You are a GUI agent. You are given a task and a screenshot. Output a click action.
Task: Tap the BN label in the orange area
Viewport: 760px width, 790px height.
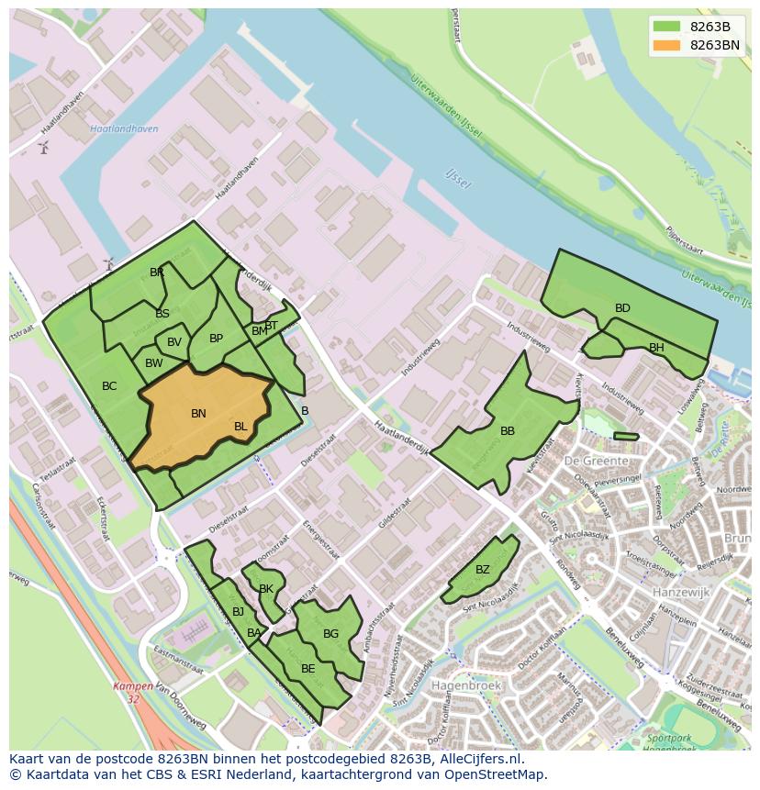tap(198, 414)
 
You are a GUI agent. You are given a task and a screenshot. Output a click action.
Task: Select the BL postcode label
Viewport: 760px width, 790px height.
tap(240, 427)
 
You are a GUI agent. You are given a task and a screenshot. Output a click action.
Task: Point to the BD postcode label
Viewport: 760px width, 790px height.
tap(622, 308)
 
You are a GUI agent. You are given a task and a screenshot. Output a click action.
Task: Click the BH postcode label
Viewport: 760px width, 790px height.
tap(656, 348)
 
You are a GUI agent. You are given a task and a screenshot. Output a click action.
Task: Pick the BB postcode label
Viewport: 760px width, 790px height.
tap(508, 431)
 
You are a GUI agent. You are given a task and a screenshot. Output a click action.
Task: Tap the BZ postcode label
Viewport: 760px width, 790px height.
tap(483, 570)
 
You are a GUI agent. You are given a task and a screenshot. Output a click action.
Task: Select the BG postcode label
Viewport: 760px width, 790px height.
tap(330, 634)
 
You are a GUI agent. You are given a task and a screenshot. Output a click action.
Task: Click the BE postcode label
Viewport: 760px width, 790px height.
tap(307, 669)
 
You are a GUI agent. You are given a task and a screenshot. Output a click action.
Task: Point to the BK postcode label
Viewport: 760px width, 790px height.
tap(266, 589)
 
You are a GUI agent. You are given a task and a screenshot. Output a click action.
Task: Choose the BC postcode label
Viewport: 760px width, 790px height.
tap(109, 386)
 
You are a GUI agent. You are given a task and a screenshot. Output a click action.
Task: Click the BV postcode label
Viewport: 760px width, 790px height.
tap(174, 342)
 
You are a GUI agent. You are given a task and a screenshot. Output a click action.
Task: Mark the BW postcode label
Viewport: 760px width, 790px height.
tap(154, 363)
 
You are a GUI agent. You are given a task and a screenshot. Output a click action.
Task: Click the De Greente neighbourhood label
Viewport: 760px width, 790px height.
tap(597, 461)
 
